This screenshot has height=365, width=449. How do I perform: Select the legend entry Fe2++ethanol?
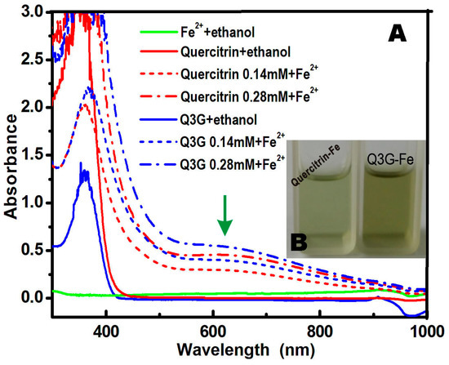coord(207,33)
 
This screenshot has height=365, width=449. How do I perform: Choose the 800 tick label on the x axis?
coord(319,330)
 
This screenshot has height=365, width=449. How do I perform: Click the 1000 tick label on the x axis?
coord(425,330)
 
